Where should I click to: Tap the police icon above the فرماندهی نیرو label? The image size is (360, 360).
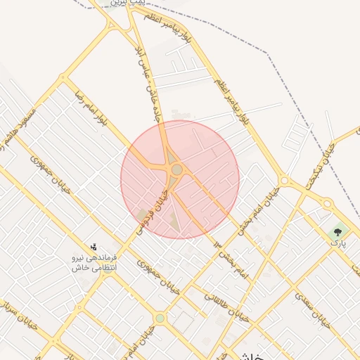pos(94,247)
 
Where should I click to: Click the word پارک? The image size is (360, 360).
pos(338,243)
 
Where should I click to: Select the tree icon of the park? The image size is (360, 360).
pos(338,231)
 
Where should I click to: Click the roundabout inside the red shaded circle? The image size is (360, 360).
pos(176,170)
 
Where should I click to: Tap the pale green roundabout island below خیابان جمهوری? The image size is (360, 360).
pos(160,319)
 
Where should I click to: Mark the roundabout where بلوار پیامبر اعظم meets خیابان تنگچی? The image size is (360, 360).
pos(284,181)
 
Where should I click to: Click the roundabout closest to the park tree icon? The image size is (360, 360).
pos(327,204)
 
